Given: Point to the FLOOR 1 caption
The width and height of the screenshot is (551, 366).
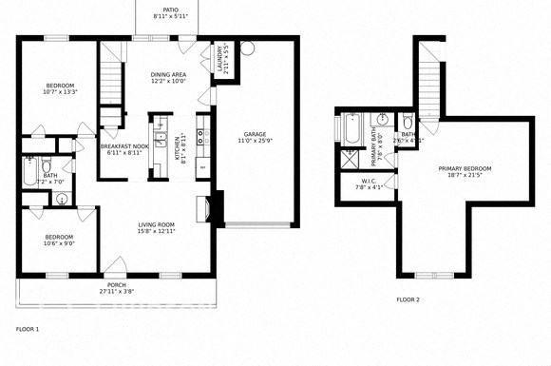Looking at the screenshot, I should click(28, 329).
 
